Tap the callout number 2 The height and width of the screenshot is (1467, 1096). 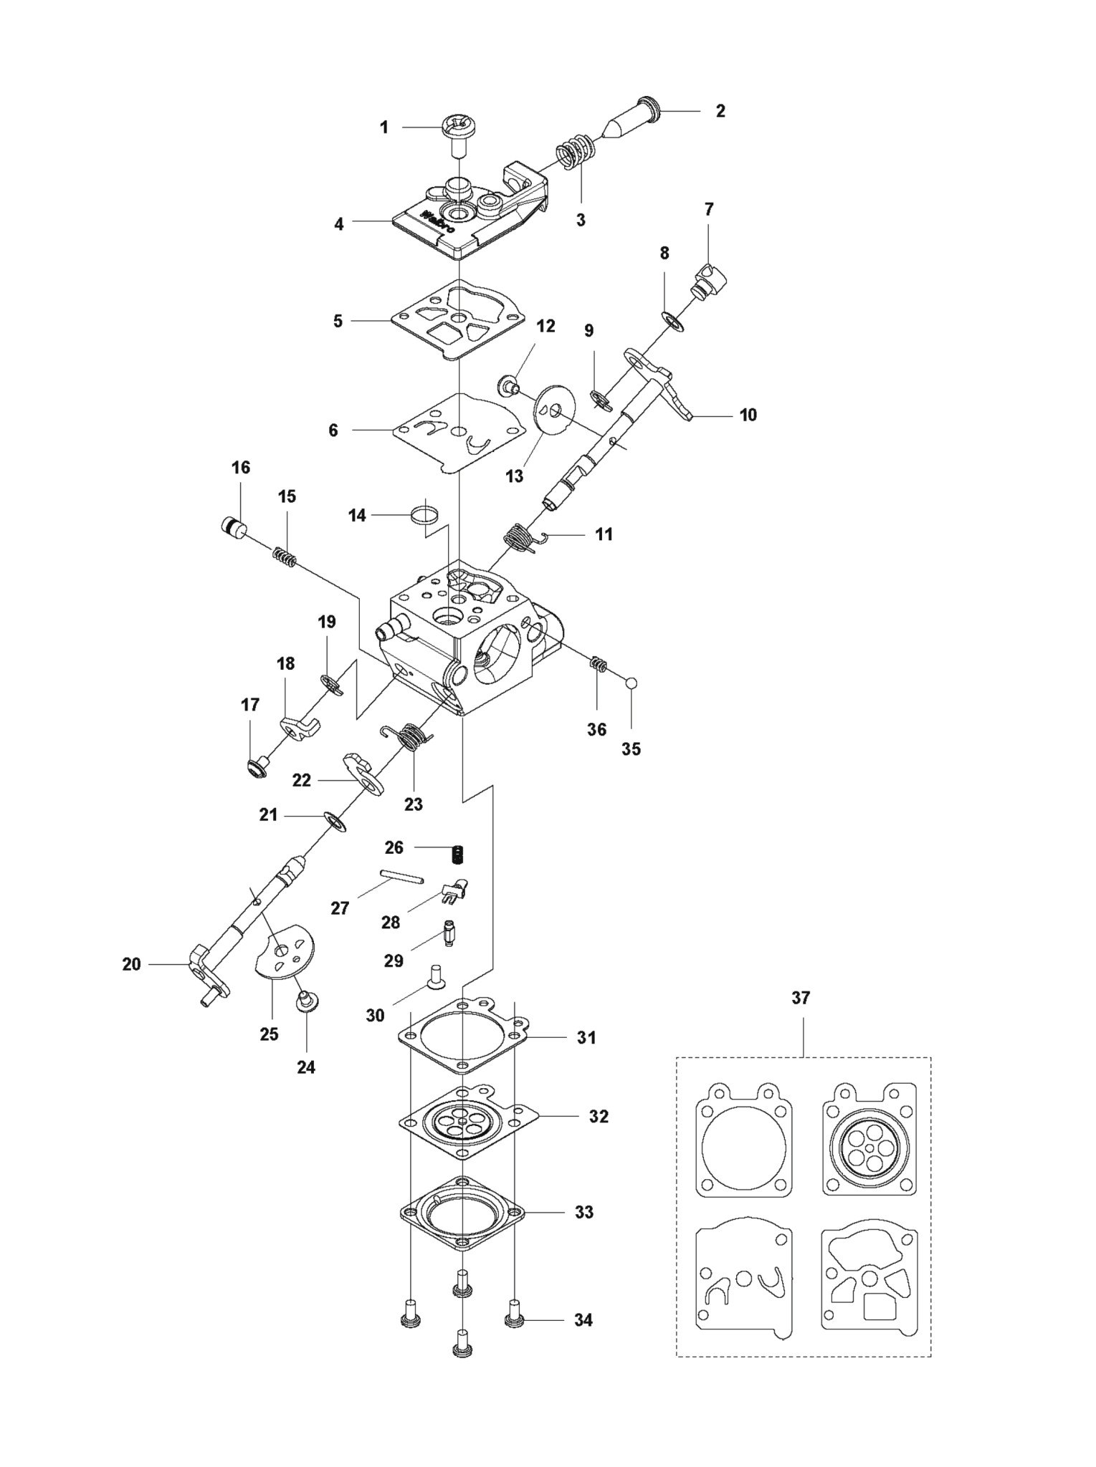click(720, 110)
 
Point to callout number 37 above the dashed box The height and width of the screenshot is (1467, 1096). click(801, 998)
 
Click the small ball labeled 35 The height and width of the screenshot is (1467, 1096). click(631, 683)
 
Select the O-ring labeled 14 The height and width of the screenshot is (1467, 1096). click(424, 513)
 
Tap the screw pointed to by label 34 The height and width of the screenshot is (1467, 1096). click(514, 1318)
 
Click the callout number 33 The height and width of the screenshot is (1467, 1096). click(584, 1212)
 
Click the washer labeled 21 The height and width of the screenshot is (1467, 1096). click(335, 822)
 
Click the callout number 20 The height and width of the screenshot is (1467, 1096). click(131, 964)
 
